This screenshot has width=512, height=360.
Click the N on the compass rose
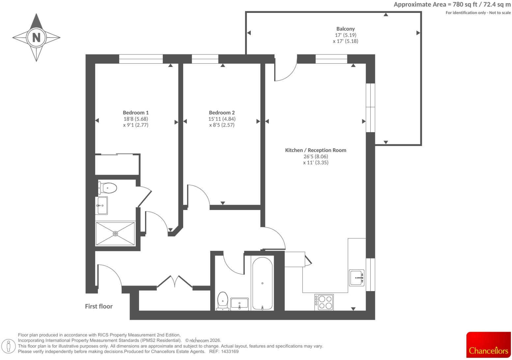click(36, 37)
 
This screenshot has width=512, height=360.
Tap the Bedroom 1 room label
click(136, 112)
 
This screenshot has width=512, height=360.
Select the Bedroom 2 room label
click(222, 112)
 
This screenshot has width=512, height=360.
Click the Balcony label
click(345, 29)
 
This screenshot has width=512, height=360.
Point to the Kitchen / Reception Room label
click(316, 150)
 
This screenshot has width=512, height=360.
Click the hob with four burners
click(324, 302)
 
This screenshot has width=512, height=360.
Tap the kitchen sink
click(356, 278)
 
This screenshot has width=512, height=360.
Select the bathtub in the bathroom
click(262, 284)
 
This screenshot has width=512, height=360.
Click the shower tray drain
click(115, 233)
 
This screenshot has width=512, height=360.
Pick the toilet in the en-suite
click(107, 188)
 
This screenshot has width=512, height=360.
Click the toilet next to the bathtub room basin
click(223, 301)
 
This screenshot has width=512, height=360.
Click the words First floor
click(99, 306)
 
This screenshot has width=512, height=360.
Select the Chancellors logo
click(489, 345)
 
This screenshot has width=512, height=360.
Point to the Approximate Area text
click(452, 5)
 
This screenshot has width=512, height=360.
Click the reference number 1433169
click(230, 351)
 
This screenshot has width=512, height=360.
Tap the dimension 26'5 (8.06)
click(316, 157)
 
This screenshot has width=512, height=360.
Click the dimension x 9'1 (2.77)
click(136, 125)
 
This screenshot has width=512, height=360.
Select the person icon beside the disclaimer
click(9, 346)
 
